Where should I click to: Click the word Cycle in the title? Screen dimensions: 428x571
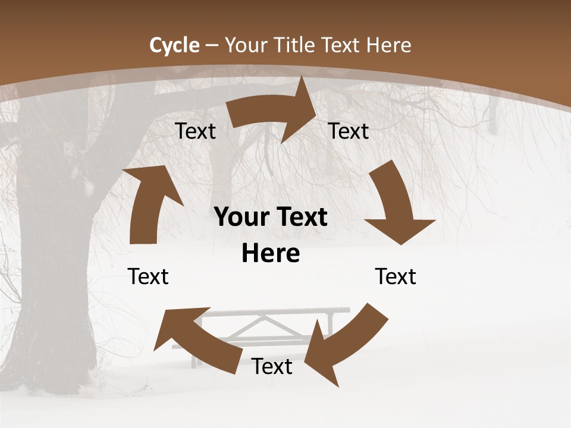(174, 45)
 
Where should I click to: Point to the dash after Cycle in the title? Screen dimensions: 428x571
(212, 46)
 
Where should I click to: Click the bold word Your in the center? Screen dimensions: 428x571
(240, 218)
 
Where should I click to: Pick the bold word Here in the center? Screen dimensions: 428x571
(271, 254)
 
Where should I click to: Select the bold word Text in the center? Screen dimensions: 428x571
(301, 218)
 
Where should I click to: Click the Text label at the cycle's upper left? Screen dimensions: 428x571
(196, 131)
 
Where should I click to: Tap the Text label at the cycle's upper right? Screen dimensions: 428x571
(349, 131)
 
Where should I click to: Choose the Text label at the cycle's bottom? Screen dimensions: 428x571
(272, 367)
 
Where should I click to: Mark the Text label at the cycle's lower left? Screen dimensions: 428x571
(148, 276)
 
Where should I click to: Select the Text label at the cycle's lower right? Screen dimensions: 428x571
(396, 276)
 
